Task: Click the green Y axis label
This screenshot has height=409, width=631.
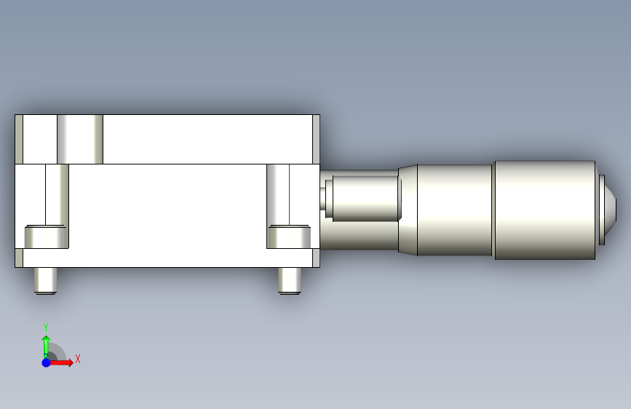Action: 46,327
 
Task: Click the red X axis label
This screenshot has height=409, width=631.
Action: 78,359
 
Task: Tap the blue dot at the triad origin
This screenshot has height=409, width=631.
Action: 47,362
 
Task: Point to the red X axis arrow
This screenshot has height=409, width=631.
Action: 60,362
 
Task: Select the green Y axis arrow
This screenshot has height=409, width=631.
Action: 47,346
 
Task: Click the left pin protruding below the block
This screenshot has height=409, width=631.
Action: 45,281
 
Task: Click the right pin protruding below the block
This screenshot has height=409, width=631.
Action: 290,281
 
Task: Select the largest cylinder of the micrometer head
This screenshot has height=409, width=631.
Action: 545,210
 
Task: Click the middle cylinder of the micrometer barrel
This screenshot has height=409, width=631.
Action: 455,210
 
